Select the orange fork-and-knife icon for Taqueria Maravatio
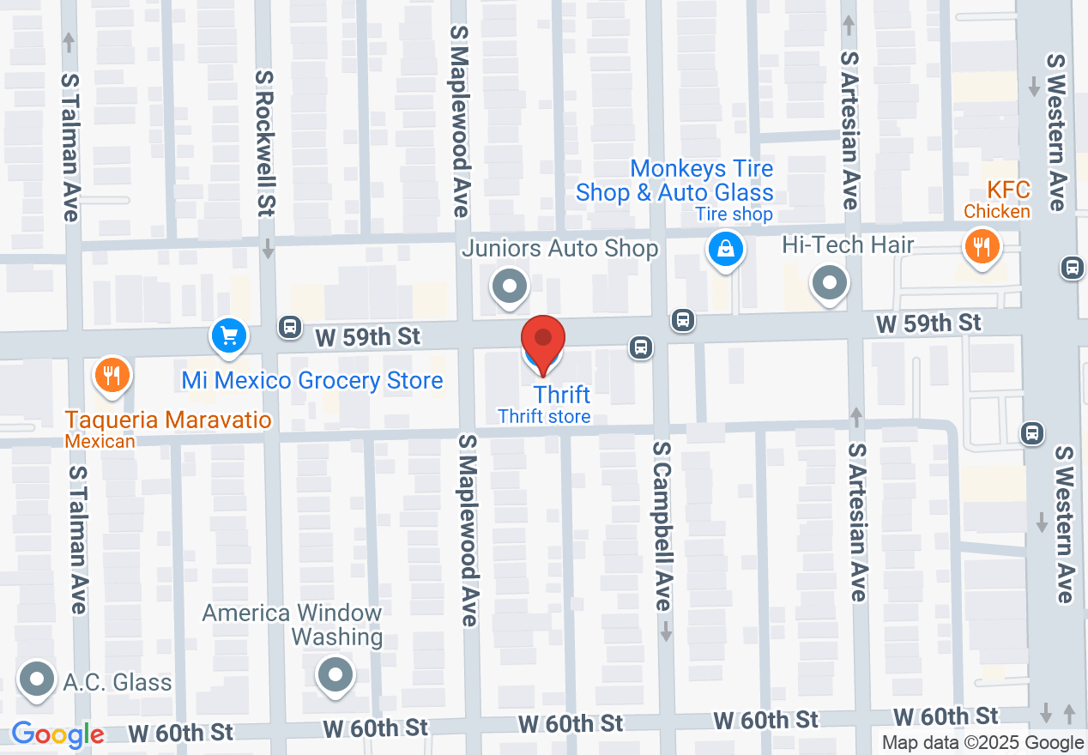tap(112, 375)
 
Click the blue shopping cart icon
tap(229, 335)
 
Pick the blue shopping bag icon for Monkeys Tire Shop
tap(726, 250)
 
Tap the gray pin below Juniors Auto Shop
tap(510, 286)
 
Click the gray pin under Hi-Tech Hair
tap(830, 282)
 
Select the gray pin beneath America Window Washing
tap(335, 674)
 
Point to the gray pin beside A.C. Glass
tap(36, 679)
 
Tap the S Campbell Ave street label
tap(661, 527)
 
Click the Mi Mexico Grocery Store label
tap(312, 380)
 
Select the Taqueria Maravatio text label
tap(169, 420)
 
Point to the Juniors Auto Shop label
tap(559, 249)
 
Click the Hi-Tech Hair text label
tap(848, 245)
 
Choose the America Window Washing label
tap(292, 625)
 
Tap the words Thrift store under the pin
tap(544, 417)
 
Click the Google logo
tap(57, 734)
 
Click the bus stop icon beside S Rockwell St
tap(290, 326)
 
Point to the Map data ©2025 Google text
tap(982, 743)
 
